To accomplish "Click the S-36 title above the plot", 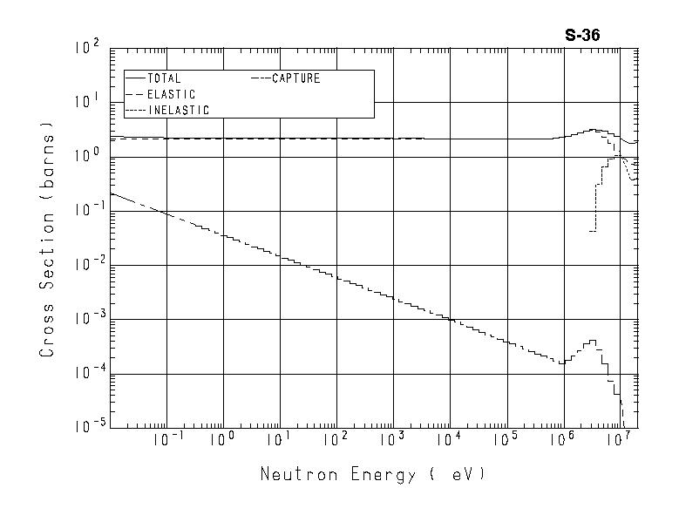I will pyautogui.click(x=582, y=36).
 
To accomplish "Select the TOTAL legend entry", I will pyautogui.click(x=164, y=78).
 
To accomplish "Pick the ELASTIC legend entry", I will pyautogui.click(x=171, y=94).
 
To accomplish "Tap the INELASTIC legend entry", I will pyautogui.click(x=178, y=111).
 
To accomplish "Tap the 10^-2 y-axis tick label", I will pyautogui.click(x=86, y=265).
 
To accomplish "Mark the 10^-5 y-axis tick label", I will pyautogui.click(x=86, y=426).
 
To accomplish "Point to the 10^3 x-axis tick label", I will pyautogui.click(x=391, y=441).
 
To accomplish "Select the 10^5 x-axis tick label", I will pyautogui.click(x=505, y=441).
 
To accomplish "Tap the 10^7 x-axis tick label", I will pyautogui.click(x=617, y=441).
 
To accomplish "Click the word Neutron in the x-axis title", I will pyautogui.click(x=293, y=475).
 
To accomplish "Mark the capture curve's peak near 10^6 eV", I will pyautogui.click(x=593, y=341).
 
